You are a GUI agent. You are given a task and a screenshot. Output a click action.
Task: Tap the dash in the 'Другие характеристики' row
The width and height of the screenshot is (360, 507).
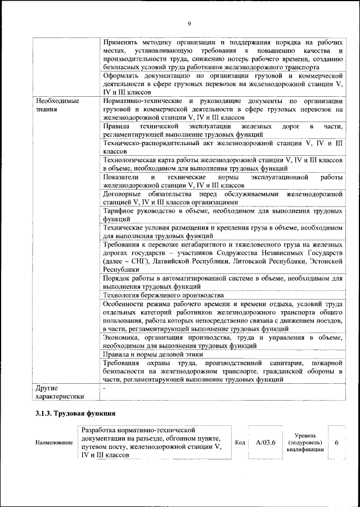(105, 388)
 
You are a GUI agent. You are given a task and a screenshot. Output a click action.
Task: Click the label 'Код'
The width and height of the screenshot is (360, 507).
(238, 442)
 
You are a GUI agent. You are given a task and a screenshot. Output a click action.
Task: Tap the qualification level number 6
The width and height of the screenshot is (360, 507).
(336, 442)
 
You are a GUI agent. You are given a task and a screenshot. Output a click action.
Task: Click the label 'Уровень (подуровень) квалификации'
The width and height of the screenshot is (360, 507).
(308, 442)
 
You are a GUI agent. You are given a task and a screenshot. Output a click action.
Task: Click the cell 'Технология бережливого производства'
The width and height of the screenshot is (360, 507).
(163, 295)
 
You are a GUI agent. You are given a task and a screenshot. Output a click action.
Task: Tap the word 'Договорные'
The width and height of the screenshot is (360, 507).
(123, 194)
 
